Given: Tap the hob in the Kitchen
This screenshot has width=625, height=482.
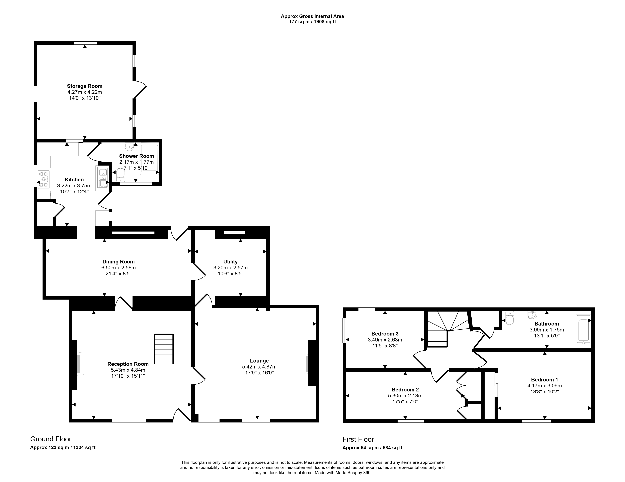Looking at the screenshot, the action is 43,179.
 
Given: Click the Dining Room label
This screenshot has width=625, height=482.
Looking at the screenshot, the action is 118,262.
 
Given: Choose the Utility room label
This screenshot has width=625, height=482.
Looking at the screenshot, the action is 230,262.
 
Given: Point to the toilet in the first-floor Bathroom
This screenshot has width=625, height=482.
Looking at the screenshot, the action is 509,318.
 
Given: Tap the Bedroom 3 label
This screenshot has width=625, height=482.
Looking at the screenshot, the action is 385,334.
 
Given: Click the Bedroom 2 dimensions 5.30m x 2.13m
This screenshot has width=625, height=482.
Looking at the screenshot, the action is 405,396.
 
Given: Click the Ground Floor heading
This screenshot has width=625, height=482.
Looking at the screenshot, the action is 51,439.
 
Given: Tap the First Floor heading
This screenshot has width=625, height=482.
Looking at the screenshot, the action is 358,439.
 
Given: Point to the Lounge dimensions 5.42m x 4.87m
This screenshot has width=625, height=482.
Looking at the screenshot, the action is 259,367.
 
